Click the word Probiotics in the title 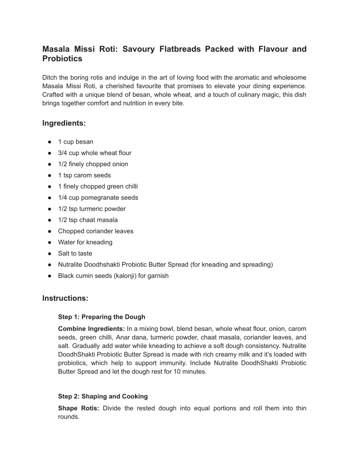[62, 59]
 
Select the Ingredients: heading [64, 123]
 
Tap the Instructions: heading [65, 298]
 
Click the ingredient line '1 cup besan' [75, 142]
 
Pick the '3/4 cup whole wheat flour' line [94, 153]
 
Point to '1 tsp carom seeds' [84, 175]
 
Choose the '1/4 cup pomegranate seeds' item [98, 198]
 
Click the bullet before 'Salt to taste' [50, 254]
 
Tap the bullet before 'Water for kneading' [50, 242]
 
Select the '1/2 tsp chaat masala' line [88, 220]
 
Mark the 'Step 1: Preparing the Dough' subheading [101, 317]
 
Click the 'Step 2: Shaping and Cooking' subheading [103, 396]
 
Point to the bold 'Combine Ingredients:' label [91, 328]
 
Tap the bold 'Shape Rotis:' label [78, 408]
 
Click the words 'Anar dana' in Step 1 [130, 338]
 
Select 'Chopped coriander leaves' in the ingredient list [95, 231]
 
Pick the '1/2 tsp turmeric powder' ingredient [91, 209]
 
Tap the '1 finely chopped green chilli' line [98, 186]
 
